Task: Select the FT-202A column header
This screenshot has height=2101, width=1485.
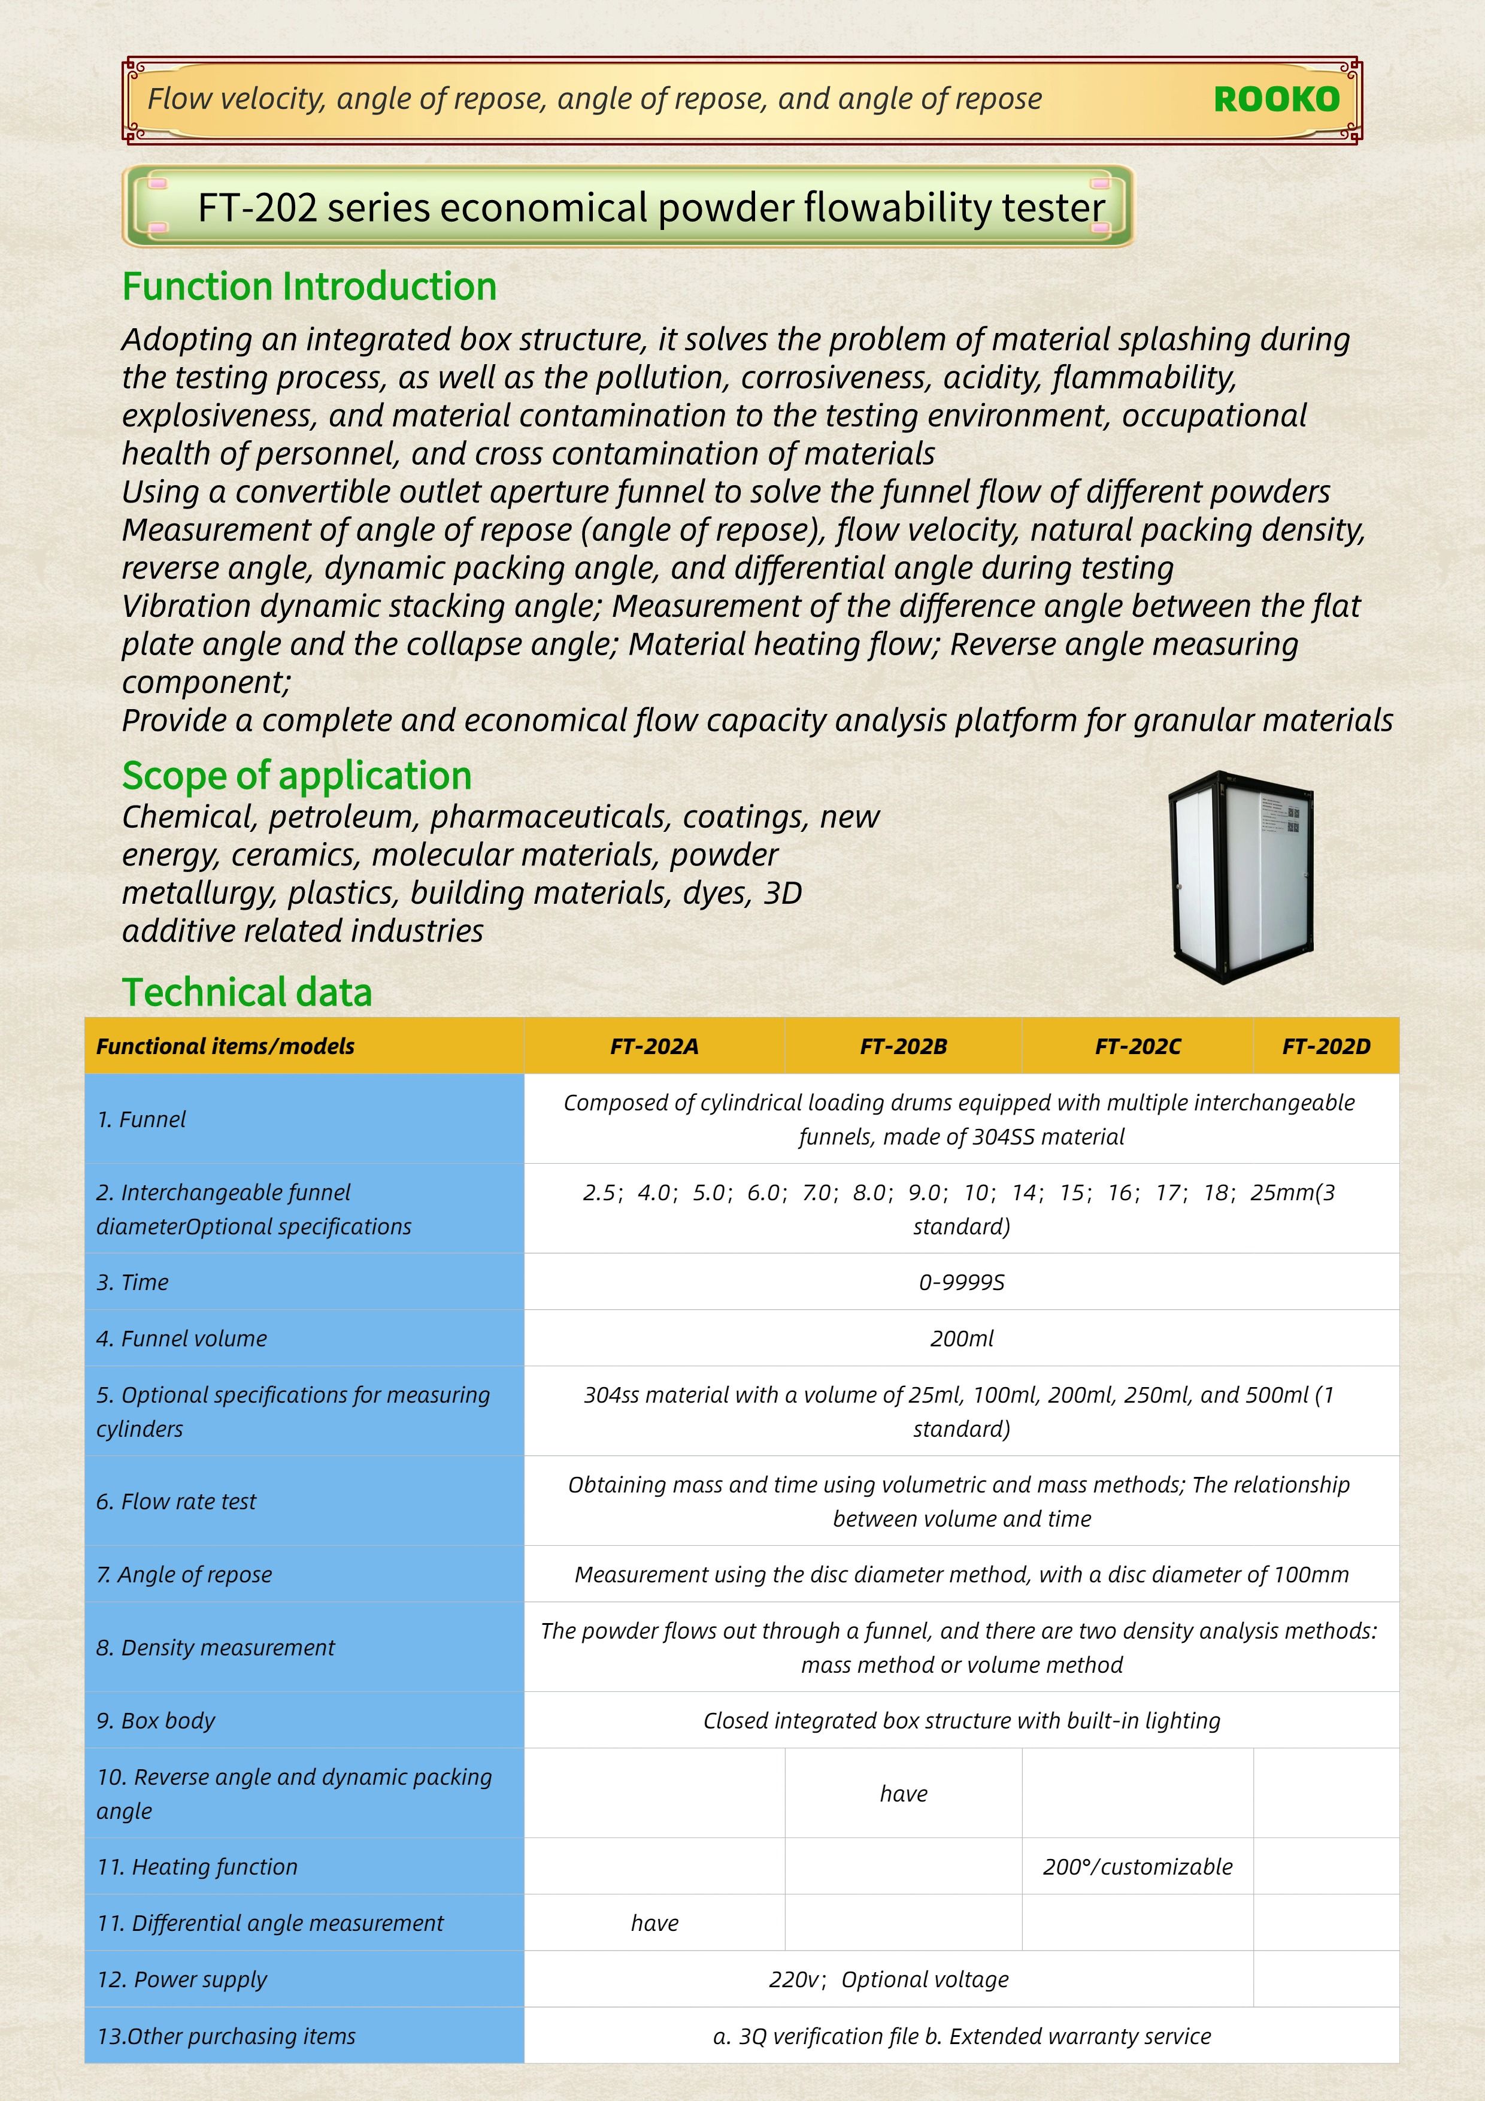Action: pyautogui.click(x=654, y=1046)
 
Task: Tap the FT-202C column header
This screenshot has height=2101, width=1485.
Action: pyautogui.click(x=1137, y=1046)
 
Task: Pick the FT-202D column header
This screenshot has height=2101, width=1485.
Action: pyautogui.click(x=1326, y=1046)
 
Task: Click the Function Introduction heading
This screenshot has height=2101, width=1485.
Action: pyautogui.click(x=309, y=286)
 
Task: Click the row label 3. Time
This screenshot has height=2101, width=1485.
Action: pyautogui.click(x=133, y=1282)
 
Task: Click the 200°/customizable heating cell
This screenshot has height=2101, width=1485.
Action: pyautogui.click(x=1137, y=1867)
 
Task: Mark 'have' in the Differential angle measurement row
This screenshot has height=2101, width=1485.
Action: pyautogui.click(x=654, y=1923)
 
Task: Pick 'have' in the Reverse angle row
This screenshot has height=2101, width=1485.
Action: pyautogui.click(x=903, y=1794)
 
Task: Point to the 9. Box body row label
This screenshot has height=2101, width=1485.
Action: pyautogui.click(x=156, y=1720)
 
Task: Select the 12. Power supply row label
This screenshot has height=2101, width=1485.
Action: pyautogui.click(x=182, y=1979)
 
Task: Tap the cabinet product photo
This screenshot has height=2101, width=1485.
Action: pyautogui.click(x=1242, y=877)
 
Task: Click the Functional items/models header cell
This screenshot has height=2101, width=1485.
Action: pyautogui.click(x=225, y=1046)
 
